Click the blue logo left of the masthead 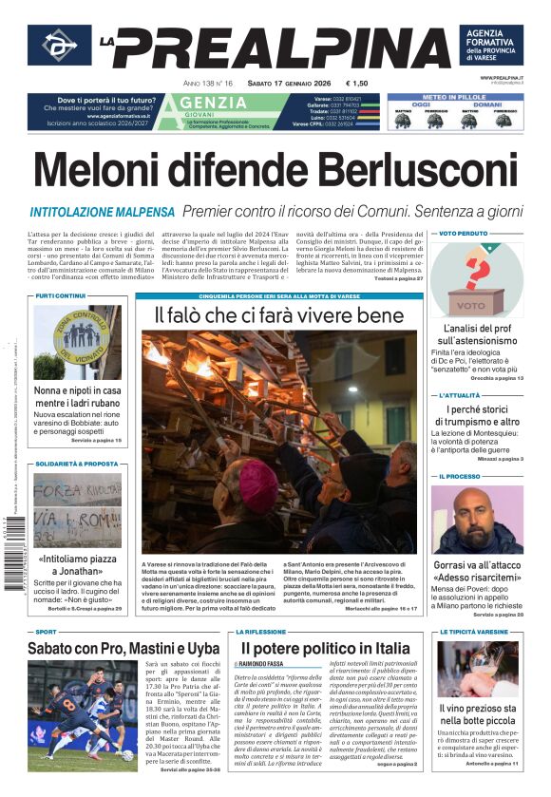click(x=59, y=46)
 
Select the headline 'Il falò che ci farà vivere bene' click(x=279, y=314)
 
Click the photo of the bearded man click(x=477, y=520)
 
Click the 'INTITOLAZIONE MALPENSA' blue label click(x=103, y=212)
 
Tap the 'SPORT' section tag click(x=47, y=631)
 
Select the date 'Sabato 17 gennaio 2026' click(x=294, y=84)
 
